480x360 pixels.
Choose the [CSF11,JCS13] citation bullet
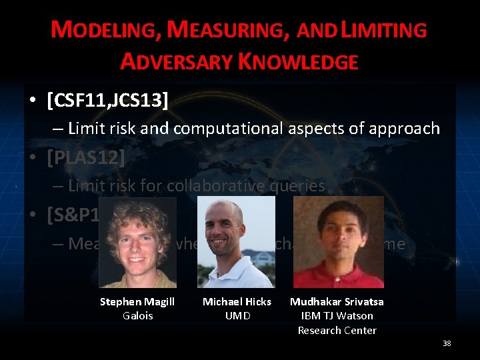[x=107, y=100]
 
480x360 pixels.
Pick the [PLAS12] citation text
[x=86, y=159]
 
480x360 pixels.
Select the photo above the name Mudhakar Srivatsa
[x=339, y=242]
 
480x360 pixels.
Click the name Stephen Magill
[x=137, y=302]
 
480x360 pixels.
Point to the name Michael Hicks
[x=237, y=302]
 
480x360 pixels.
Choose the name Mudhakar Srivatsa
[x=337, y=302]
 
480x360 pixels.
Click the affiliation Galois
[x=137, y=315]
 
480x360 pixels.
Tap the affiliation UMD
[x=237, y=315]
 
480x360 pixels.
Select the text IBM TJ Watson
[x=337, y=315]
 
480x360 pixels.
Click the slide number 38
[x=447, y=343]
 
